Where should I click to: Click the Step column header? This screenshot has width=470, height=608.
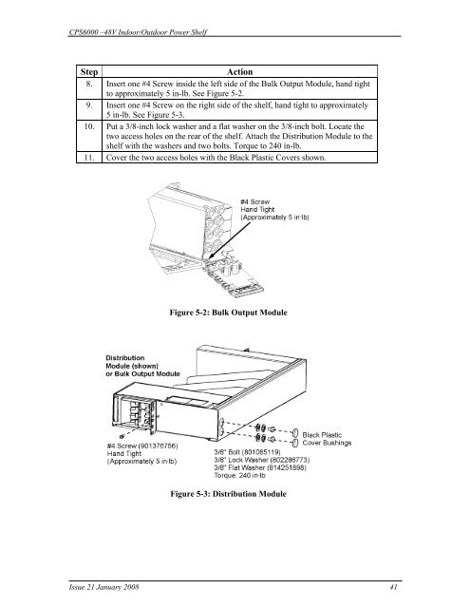(88, 72)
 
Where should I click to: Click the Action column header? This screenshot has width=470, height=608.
(239, 72)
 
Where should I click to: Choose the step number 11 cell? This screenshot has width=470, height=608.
(89, 158)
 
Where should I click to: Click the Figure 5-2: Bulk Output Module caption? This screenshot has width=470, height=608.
(228, 313)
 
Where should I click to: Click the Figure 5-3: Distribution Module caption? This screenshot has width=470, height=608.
(228, 494)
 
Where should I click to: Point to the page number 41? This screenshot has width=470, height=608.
(393, 587)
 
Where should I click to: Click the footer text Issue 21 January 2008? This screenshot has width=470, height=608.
(103, 587)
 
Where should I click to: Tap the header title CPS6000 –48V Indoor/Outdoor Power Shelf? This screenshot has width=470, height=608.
(138, 32)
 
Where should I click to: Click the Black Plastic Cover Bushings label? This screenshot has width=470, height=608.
(327, 439)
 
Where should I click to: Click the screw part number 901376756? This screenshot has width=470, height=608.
(158, 446)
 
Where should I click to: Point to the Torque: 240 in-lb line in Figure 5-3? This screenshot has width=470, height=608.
(240, 475)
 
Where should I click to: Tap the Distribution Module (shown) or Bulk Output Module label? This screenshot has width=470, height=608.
(143, 366)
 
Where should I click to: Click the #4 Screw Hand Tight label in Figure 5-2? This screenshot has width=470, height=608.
(257, 206)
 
